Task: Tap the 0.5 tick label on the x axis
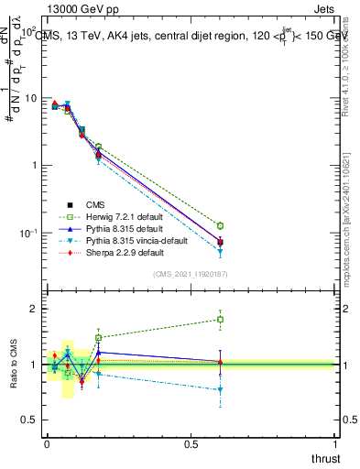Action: click(x=191, y=443)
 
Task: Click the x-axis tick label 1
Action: click(x=336, y=443)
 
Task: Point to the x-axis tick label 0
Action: click(x=47, y=443)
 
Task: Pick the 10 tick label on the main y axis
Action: click(x=30, y=98)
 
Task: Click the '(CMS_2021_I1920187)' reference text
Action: click(x=191, y=274)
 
